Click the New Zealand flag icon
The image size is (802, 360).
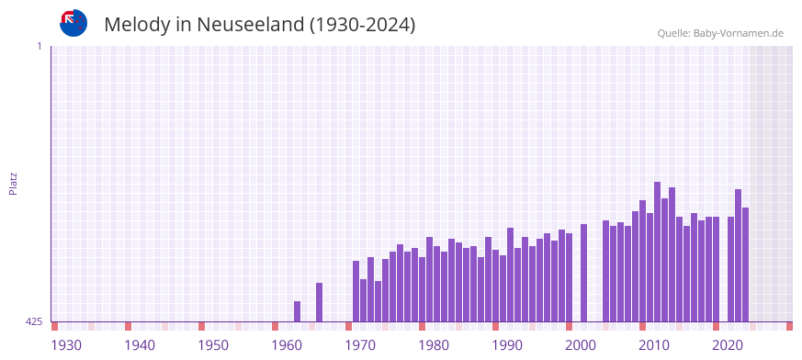pyautogui.click(x=73, y=23)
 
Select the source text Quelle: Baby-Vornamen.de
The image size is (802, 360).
pyautogui.click(x=719, y=33)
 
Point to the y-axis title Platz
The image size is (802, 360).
pyautogui.click(x=13, y=183)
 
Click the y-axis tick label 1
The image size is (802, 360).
pyautogui.click(x=40, y=46)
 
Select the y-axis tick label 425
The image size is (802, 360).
pyautogui.click(x=34, y=321)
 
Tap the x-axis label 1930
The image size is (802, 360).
pyautogui.click(x=66, y=345)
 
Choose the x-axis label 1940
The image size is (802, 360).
pyautogui.click(x=140, y=345)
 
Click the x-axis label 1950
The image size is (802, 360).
pyautogui.click(x=213, y=345)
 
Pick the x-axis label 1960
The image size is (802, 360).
pyautogui.click(x=287, y=345)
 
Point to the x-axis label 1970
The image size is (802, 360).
pyautogui.click(x=360, y=345)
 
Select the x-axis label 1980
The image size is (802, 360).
pyautogui.click(x=434, y=345)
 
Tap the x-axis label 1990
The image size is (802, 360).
pyautogui.click(x=507, y=345)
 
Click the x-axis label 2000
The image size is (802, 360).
pyautogui.click(x=581, y=345)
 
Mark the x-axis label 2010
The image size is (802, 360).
pyautogui.click(x=654, y=345)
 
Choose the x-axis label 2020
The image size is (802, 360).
pyautogui.click(x=728, y=345)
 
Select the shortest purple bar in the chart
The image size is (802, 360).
pyautogui.click(x=297, y=311)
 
